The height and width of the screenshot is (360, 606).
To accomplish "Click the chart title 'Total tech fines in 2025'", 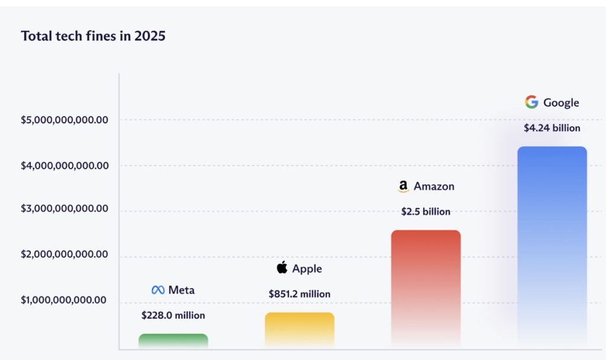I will (94, 36).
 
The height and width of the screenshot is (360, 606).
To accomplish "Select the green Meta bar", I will (173, 340).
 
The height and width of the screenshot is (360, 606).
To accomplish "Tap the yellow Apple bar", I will (299, 329).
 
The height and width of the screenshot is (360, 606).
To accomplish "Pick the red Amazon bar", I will (426, 288).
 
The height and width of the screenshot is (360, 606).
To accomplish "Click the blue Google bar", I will (552, 246).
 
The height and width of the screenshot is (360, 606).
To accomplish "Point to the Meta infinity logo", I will (157, 290).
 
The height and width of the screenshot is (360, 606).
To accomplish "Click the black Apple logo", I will (282, 268).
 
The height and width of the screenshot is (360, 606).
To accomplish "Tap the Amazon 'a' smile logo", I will (403, 187).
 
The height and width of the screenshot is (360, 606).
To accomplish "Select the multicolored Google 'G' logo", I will (531, 102).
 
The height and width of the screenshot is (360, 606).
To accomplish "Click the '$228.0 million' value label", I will (173, 316).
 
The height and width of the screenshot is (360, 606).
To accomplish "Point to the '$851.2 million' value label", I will (299, 294).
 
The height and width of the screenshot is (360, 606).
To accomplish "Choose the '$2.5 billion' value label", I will (426, 211).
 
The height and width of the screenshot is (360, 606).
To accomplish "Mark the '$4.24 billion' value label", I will (552, 128).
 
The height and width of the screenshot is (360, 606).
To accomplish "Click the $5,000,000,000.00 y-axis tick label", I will (65, 120).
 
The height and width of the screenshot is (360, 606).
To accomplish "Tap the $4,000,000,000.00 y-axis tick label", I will (65, 166).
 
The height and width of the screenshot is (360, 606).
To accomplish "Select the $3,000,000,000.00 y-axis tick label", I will (65, 209).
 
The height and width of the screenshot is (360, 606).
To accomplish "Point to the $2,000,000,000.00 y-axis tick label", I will (65, 255).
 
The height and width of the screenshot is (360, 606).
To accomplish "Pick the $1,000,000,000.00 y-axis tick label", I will (65, 300).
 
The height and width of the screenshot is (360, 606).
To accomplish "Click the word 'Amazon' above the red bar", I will (434, 187).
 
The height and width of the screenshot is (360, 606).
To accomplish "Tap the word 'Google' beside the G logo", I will (561, 102).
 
